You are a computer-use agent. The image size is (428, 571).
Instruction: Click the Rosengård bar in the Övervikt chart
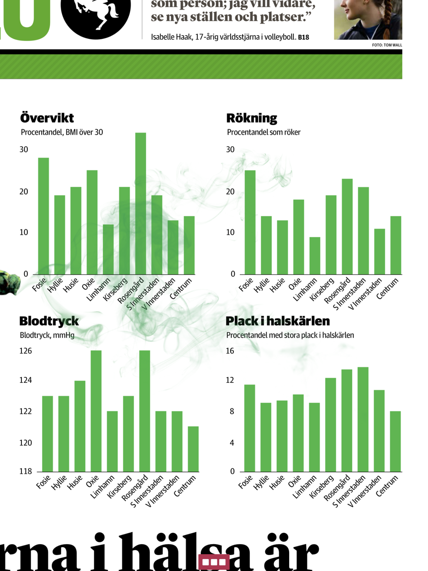pos(141,203)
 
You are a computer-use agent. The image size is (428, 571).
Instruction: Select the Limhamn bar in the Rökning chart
pos(315,255)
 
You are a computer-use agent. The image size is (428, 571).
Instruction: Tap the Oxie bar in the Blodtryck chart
pos(96,411)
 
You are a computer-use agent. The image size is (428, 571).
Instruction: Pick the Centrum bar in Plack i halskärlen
pos(395,441)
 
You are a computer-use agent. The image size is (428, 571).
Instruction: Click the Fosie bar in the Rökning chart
pos(250,222)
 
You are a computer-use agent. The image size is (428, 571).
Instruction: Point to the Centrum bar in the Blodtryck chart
pos(193,449)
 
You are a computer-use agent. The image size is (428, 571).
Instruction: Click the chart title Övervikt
pos(47,118)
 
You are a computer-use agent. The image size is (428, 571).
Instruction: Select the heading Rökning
pos(252,118)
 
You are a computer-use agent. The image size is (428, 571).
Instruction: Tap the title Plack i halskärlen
pos(278,321)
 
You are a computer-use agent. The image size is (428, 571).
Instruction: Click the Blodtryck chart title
pos(49,321)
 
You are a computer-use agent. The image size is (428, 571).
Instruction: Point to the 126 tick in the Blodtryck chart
pos(26,351)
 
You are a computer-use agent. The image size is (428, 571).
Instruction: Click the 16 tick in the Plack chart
pos(230,351)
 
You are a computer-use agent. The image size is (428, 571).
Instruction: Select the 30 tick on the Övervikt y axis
pos(24,149)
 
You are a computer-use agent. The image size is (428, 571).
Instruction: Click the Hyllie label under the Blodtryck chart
pos(59,482)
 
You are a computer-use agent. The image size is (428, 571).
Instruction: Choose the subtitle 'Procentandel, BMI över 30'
pos(62,132)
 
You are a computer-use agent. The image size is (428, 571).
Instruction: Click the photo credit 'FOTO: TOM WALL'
pos(387,45)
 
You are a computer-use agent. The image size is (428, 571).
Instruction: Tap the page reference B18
pos(304,37)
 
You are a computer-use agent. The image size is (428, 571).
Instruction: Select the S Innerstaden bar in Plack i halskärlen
pos(363,419)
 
